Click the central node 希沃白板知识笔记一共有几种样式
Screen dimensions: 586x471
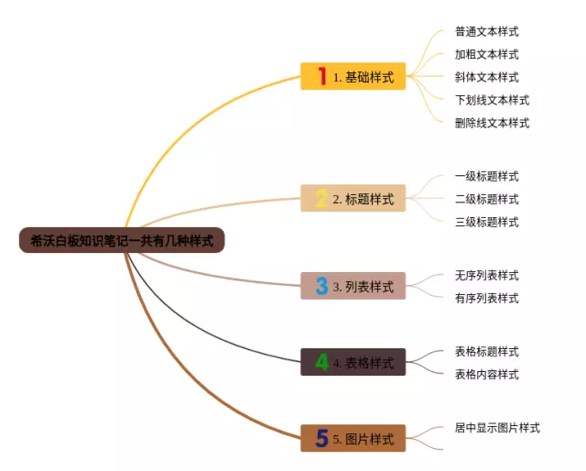click(x=122, y=240)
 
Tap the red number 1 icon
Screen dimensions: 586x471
click(x=322, y=76)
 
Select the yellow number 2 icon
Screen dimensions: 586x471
click(x=321, y=198)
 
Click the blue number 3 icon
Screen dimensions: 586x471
click(x=321, y=286)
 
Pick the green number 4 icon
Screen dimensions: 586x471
click(x=321, y=362)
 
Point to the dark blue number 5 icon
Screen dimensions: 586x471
click(x=321, y=438)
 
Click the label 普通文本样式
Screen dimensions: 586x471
click(x=486, y=31)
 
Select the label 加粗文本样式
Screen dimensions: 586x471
click(x=486, y=54)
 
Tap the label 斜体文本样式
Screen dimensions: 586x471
click(x=486, y=77)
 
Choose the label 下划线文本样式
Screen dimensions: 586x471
click(x=493, y=100)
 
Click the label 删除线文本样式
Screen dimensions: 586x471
click(x=493, y=123)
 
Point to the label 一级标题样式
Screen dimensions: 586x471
click(x=486, y=176)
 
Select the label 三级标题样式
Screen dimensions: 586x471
click(x=486, y=222)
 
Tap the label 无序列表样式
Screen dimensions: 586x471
click(x=486, y=275)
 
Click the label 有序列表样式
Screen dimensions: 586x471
click(x=486, y=298)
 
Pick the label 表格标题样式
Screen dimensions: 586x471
click(x=486, y=351)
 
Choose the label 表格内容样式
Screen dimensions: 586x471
click(x=486, y=374)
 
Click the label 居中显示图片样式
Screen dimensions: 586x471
click(x=497, y=428)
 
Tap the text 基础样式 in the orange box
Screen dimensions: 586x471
click(x=369, y=77)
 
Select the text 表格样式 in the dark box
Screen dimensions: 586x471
click(x=369, y=363)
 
